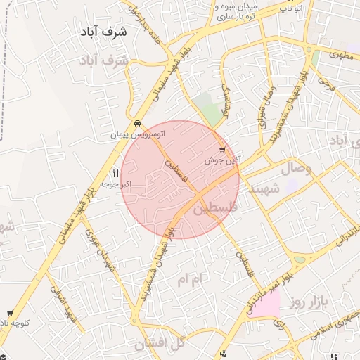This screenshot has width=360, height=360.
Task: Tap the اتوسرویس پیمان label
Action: coord(138,134)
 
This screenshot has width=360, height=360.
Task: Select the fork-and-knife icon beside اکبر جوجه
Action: coord(116,172)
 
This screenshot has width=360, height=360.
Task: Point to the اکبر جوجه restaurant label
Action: coord(117,184)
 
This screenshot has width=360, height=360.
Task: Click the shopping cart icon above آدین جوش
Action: coord(223,150)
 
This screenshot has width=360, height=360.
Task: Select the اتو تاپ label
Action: coord(290,8)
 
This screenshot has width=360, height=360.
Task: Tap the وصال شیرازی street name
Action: coord(262,109)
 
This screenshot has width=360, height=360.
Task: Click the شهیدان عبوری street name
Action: coord(98,250)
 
